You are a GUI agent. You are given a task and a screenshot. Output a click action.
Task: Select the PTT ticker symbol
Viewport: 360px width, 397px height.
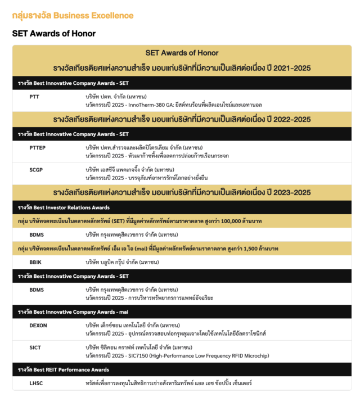pos(34,97)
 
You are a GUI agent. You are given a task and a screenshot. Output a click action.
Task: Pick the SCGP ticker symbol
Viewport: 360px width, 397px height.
pos(37,169)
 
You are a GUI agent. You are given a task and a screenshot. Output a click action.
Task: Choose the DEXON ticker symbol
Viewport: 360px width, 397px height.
pos(38,325)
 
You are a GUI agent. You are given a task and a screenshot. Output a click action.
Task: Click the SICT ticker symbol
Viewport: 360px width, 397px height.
pos(35,348)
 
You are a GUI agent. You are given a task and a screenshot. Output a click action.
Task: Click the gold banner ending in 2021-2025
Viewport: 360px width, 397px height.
pos(182,69)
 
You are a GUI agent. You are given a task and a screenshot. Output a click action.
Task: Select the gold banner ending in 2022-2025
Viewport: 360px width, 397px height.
pos(182,119)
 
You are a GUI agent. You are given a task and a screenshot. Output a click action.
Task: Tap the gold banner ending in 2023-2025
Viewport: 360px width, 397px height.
pos(182,192)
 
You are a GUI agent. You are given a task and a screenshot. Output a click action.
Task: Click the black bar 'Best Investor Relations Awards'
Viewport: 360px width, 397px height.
pos(64,207)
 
